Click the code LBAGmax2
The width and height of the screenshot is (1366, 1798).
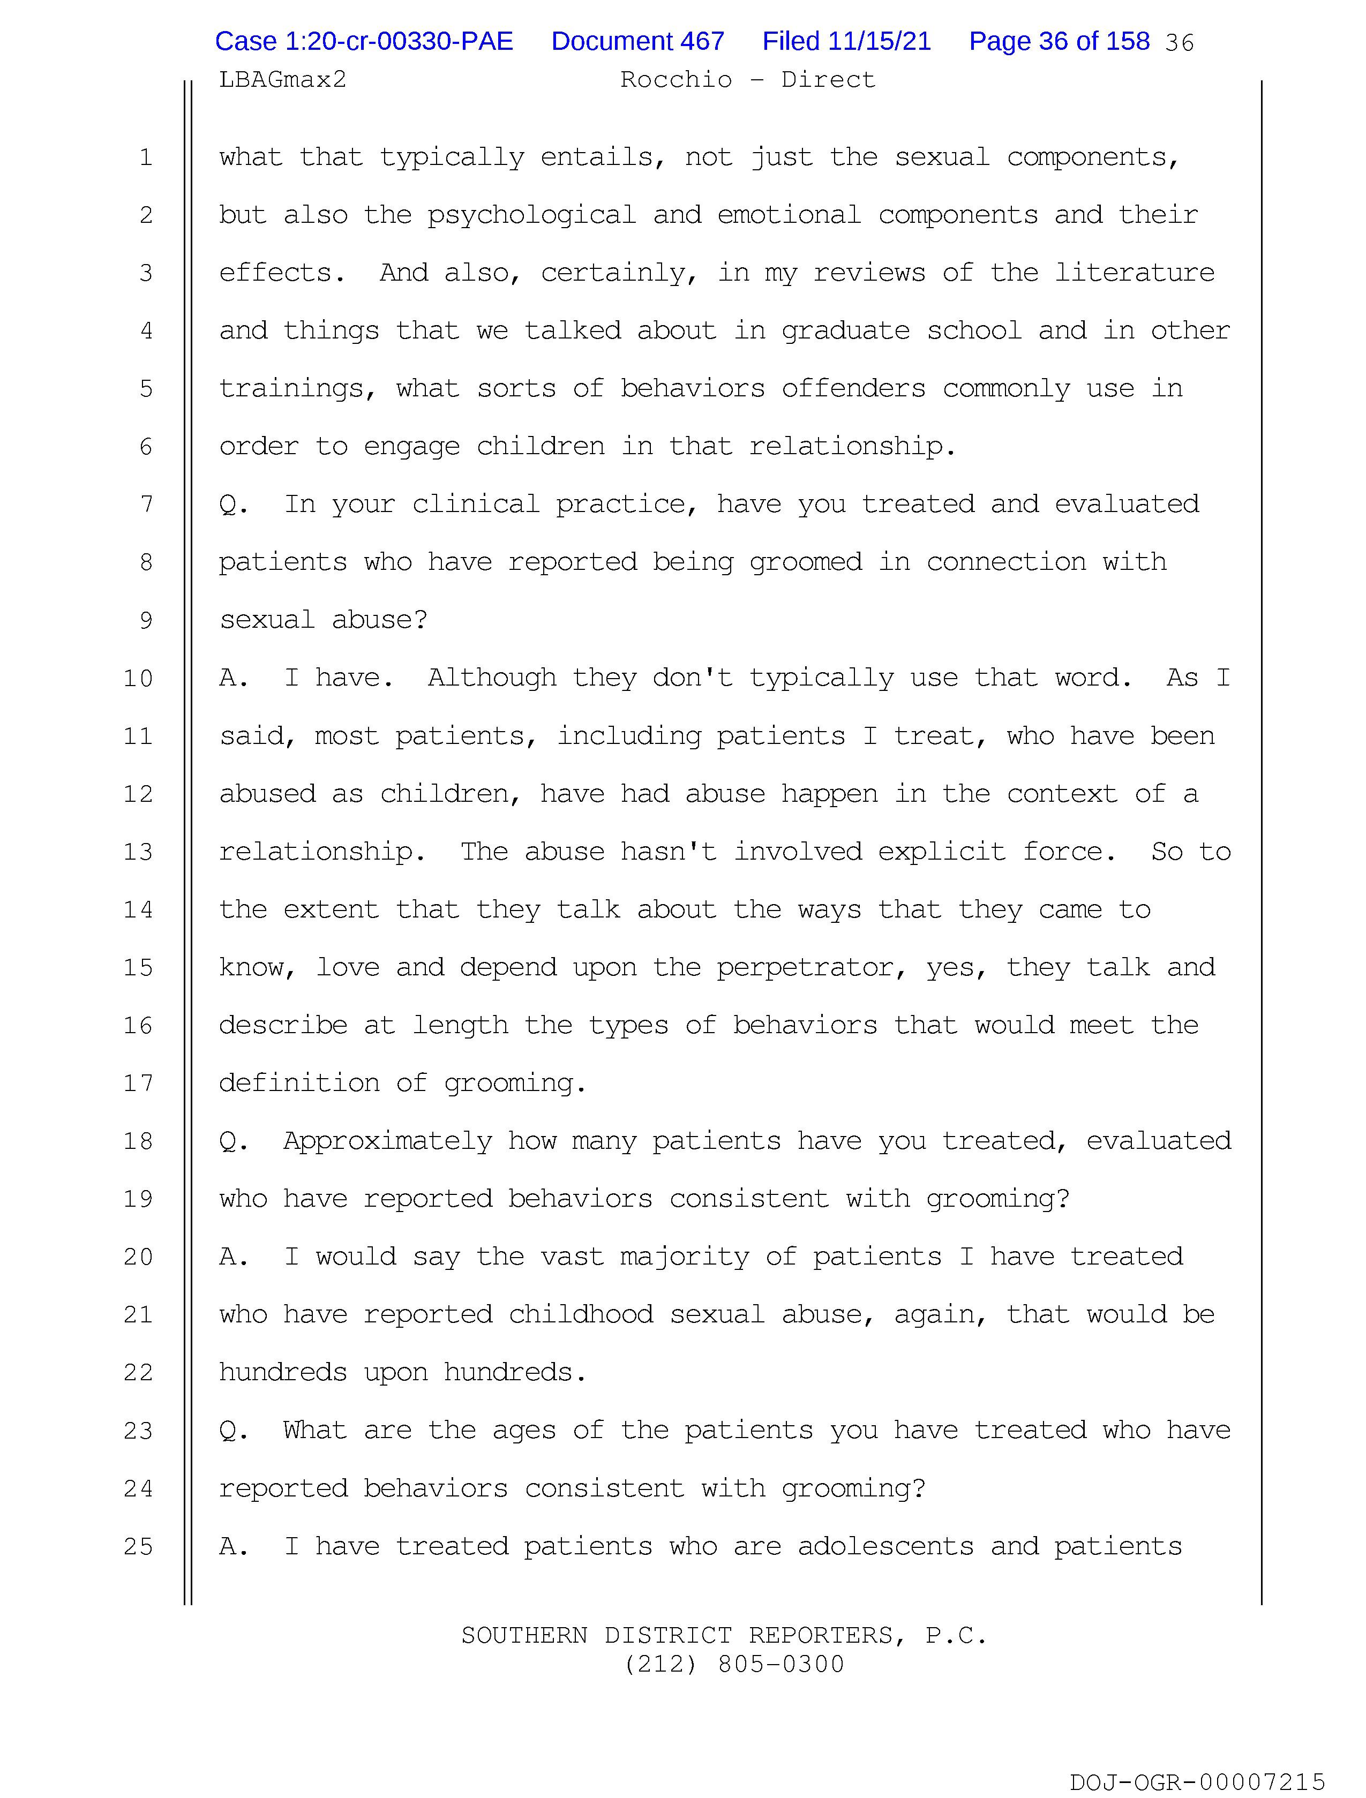click(282, 80)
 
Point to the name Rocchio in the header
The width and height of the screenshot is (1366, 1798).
click(676, 80)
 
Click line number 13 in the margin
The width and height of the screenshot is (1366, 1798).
click(138, 852)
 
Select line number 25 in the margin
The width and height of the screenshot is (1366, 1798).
click(138, 1546)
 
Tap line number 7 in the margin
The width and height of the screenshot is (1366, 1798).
click(146, 505)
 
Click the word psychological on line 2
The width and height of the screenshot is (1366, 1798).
click(532, 215)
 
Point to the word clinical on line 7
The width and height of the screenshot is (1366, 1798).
click(476, 505)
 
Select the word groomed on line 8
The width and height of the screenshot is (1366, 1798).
click(805, 562)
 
